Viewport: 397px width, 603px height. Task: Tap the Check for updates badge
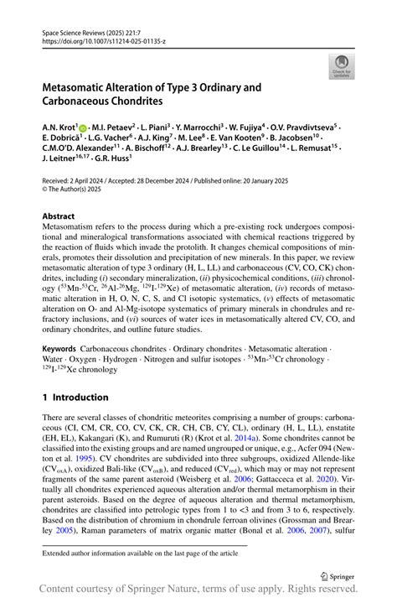coord(342,66)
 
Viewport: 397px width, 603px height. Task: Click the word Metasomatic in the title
coord(82,86)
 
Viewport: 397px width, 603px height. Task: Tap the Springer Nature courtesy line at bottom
coord(198,592)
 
